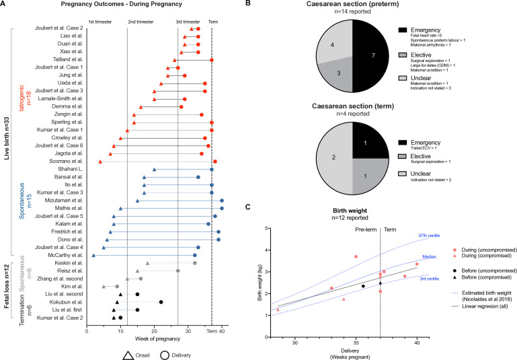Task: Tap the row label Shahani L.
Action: [x=71, y=170]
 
